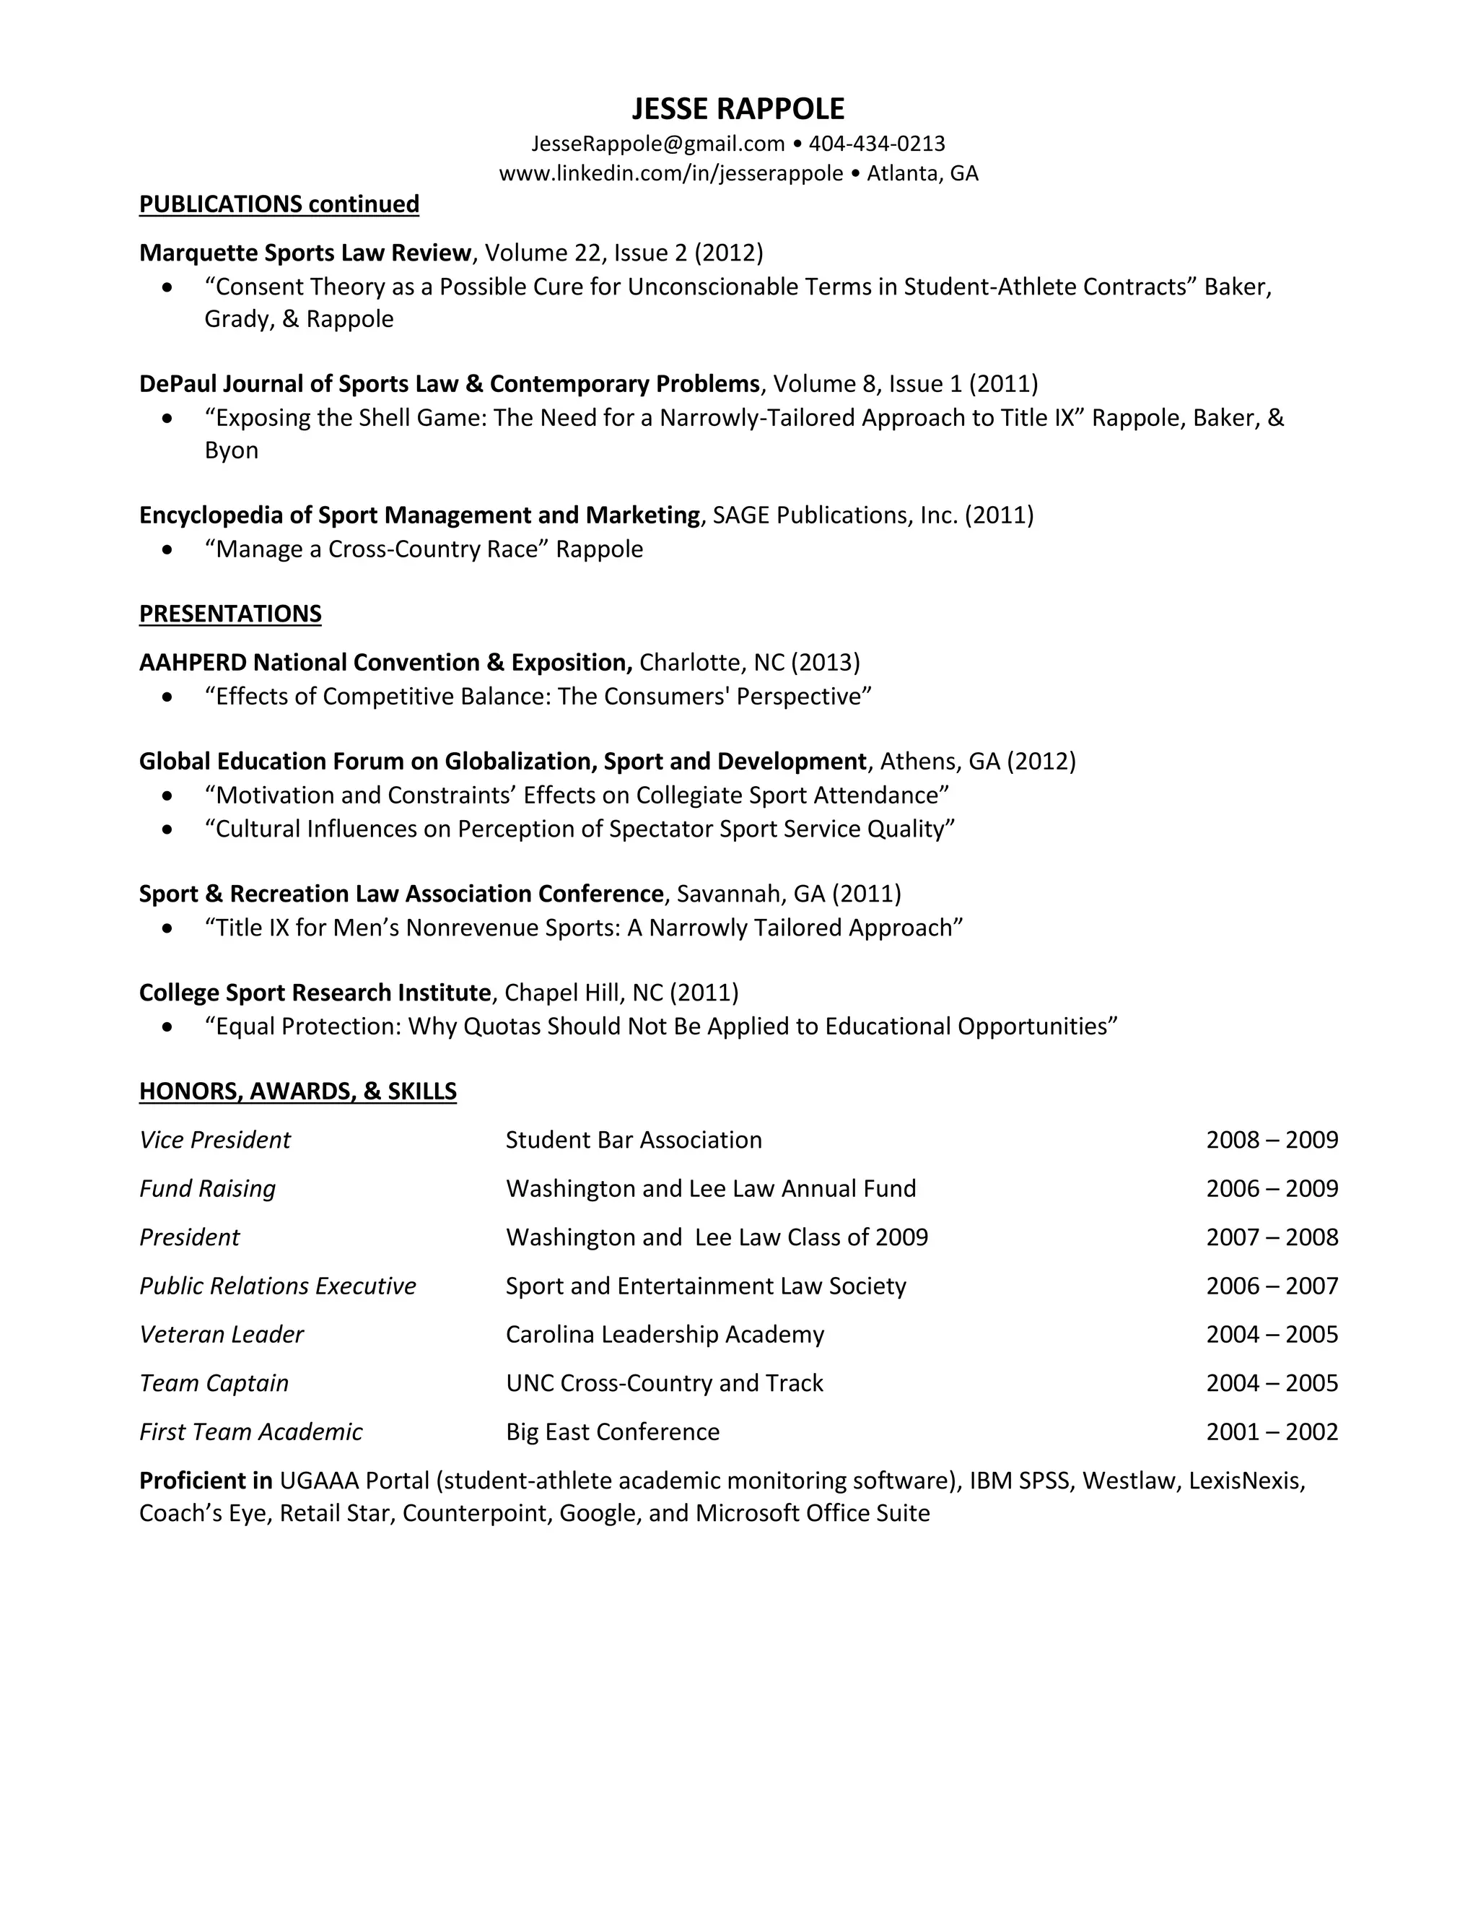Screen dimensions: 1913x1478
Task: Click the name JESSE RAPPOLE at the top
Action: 738,108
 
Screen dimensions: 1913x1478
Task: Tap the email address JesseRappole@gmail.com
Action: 657,144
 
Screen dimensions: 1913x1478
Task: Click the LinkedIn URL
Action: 670,173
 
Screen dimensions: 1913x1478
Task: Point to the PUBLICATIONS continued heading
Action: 279,204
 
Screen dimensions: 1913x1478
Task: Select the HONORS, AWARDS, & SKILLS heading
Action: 298,1091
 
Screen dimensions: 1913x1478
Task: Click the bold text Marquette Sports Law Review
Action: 305,253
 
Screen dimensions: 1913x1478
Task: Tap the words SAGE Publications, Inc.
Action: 834,515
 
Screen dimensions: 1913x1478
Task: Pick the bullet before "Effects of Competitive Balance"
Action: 167,697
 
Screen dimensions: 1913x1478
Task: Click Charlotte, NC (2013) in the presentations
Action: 750,662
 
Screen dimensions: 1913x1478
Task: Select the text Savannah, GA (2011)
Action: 789,894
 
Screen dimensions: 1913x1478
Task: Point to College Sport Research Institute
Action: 315,993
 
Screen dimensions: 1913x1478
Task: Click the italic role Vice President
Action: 214,1140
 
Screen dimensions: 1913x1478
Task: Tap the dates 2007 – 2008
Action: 1272,1237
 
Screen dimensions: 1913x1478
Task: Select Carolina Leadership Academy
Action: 665,1334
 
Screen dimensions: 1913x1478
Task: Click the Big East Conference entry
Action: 612,1432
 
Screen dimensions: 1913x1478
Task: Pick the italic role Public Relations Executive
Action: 278,1286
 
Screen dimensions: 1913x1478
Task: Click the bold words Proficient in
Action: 206,1481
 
